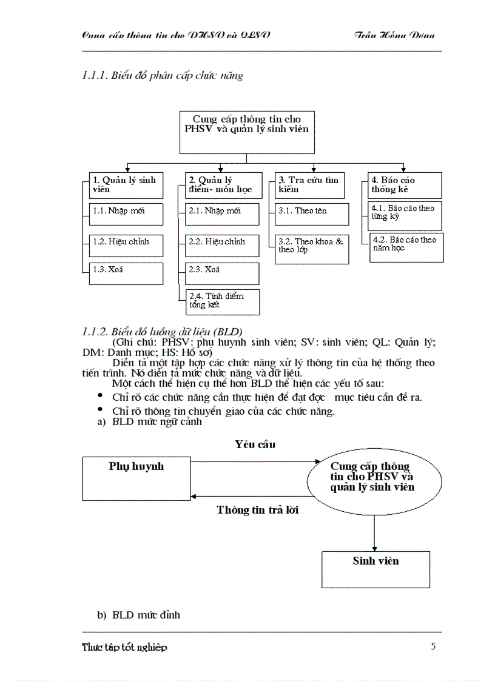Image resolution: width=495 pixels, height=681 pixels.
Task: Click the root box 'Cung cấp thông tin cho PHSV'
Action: coord(247,132)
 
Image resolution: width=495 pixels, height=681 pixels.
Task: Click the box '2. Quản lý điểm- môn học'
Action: coord(222,185)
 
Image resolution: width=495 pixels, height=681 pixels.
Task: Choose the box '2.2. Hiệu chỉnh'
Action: coord(222,244)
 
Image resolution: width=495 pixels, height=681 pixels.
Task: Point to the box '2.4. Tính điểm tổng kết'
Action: coord(222,301)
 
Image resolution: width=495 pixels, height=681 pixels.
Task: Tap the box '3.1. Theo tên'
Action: coord(312,214)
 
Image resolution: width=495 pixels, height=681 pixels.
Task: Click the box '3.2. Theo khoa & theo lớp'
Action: coord(312,249)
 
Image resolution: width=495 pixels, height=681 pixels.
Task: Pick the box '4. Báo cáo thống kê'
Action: coord(405,185)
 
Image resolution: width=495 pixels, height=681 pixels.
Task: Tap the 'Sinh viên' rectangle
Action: coord(375,569)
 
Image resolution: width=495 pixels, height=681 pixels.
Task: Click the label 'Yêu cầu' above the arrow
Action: coord(255,444)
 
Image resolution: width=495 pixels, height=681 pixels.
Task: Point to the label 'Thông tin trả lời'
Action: coord(257,510)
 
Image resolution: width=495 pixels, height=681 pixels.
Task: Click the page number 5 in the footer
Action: coord(433,646)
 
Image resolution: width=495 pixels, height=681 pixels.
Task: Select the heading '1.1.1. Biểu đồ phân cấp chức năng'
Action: coord(163,76)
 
